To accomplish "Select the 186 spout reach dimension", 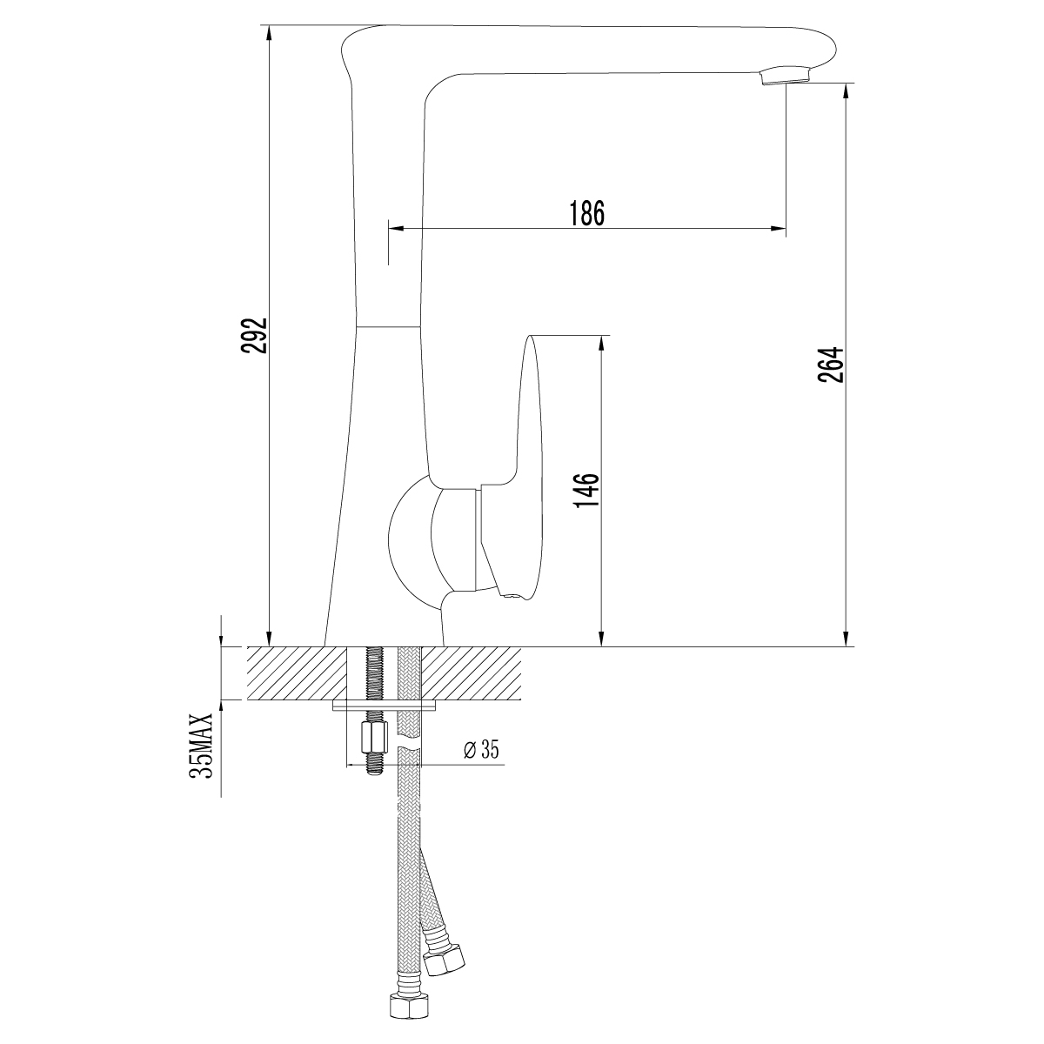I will (586, 213).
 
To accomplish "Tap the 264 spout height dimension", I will (832, 365).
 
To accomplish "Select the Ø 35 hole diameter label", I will (481, 750).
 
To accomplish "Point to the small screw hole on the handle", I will (512, 596).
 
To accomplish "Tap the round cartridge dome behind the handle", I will (409, 544).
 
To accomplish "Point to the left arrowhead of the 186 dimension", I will (394, 230).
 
